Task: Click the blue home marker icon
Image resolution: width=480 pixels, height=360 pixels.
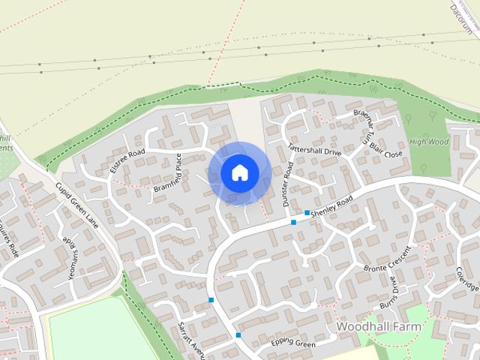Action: click(x=239, y=173)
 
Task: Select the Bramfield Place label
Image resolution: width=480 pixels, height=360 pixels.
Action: click(x=168, y=174)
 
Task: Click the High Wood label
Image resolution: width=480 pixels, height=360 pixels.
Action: click(x=429, y=141)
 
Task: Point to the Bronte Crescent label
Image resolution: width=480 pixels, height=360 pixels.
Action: click(x=385, y=258)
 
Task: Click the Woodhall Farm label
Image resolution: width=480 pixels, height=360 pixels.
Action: click(x=379, y=328)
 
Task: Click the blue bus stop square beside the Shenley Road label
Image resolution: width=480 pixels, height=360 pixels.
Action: click(x=307, y=213)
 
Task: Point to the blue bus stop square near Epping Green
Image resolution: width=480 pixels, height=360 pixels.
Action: click(x=238, y=334)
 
